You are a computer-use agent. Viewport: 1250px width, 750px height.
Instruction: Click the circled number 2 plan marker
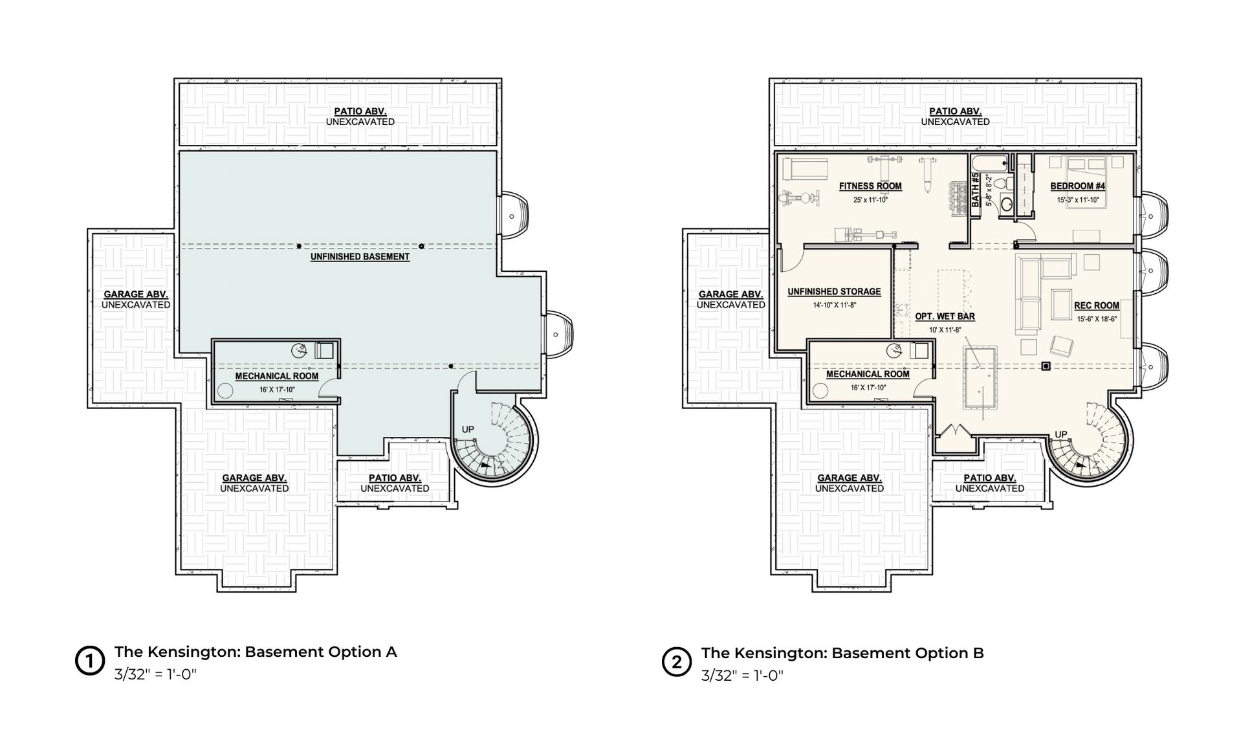676,663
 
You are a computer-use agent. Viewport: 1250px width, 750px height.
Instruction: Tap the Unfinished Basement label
360,257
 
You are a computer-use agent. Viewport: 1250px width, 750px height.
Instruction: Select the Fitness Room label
870,186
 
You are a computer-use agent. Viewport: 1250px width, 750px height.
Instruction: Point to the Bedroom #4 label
1077,186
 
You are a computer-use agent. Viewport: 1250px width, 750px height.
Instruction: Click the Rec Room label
1097,305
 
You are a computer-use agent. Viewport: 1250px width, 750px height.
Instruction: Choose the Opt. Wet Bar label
945,316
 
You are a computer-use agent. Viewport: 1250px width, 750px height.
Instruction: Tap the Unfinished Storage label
834,292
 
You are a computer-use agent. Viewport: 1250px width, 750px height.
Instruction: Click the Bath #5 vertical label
975,190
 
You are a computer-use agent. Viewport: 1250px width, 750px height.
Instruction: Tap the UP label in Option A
468,430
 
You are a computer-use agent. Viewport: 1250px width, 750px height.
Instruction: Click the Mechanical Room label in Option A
277,376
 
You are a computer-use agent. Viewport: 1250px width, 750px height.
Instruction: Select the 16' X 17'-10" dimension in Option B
868,388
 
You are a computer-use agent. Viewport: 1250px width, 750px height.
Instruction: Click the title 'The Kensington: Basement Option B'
842,653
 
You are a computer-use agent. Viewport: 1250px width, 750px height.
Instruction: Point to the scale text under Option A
155,674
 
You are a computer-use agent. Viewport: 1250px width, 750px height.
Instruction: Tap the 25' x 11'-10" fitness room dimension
870,200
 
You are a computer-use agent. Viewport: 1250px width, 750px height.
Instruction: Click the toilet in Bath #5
1002,182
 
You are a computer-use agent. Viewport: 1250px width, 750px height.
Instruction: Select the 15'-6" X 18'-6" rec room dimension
1097,319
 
